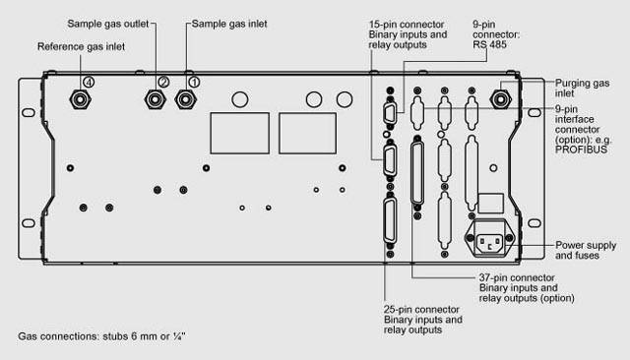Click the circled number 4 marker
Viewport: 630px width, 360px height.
[x=89, y=83]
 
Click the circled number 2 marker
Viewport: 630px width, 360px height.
[x=163, y=82]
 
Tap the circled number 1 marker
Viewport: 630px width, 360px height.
[x=194, y=83]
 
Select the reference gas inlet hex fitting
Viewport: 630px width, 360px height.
[x=80, y=99]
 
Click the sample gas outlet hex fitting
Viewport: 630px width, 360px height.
[x=156, y=99]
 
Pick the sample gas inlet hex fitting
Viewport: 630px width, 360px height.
[x=186, y=99]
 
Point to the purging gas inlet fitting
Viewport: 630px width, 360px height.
[x=501, y=99]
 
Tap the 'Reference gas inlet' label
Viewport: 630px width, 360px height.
[x=81, y=46]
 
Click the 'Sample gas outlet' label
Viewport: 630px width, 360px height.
[x=108, y=24]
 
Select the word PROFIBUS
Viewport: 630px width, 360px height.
[x=581, y=150]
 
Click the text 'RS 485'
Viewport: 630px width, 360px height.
[x=489, y=44]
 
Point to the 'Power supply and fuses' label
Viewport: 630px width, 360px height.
[x=586, y=250]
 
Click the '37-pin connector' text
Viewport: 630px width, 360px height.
[x=517, y=277]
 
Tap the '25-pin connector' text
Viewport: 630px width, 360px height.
[x=421, y=310]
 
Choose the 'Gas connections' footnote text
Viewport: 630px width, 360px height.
[x=101, y=336]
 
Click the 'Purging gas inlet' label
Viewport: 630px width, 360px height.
[x=582, y=88]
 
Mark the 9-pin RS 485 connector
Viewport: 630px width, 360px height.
[x=390, y=114]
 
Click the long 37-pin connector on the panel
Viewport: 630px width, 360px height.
[x=417, y=173]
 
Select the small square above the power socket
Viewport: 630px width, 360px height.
[x=491, y=203]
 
